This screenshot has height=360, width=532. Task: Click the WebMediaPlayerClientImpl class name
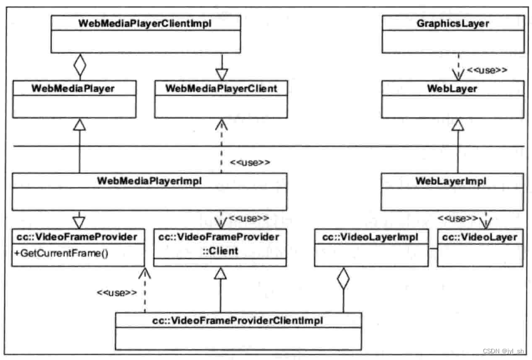point(146,23)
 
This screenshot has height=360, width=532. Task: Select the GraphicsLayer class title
point(452,23)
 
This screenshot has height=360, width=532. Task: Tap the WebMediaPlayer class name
point(74,87)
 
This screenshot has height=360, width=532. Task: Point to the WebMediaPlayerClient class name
point(221,87)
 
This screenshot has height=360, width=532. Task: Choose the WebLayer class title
point(452,87)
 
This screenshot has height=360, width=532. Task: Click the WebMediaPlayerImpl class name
point(149,180)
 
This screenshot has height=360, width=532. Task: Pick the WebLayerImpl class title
point(452,181)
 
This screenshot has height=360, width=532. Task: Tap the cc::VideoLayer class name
point(480,237)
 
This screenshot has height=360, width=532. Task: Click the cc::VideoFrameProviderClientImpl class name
point(238,320)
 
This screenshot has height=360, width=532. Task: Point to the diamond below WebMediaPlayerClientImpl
point(80,66)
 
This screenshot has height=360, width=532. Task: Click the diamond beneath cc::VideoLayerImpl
point(343,279)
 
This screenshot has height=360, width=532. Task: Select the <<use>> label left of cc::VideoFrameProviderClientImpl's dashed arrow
point(116,292)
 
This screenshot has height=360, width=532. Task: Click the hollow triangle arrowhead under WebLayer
point(457,125)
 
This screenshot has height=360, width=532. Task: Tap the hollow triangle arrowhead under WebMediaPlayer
point(80,125)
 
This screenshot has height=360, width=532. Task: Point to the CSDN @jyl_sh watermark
point(503,351)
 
